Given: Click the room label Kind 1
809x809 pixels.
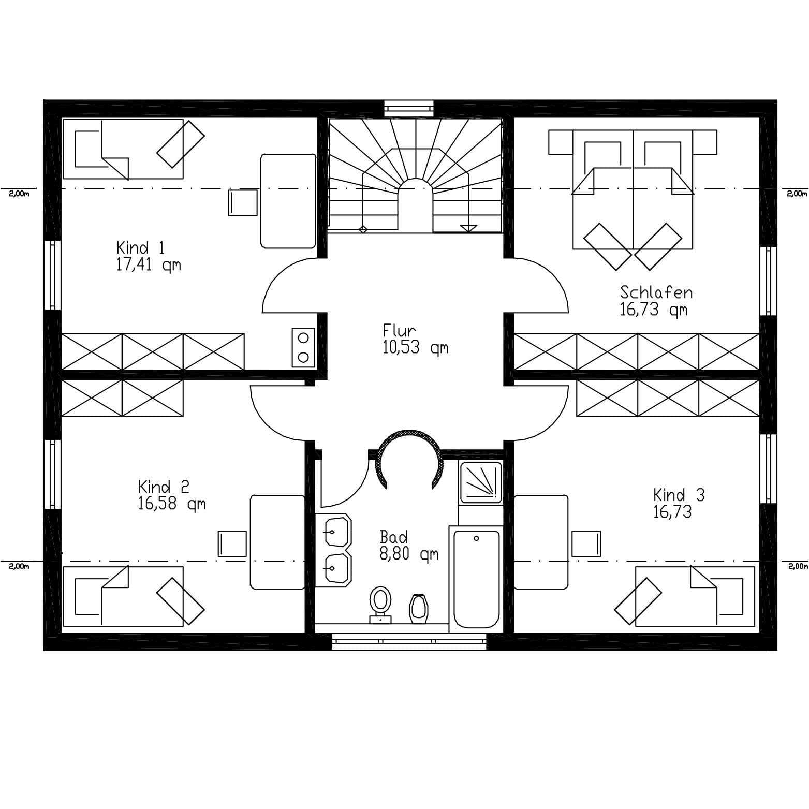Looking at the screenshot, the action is (x=140, y=248).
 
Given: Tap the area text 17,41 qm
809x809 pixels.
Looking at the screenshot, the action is (x=149, y=266).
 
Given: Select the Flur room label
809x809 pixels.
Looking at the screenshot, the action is (x=400, y=331).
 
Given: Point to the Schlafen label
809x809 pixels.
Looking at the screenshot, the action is (x=656, y=292).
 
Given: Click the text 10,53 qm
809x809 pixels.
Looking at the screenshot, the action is (x=416, y=347).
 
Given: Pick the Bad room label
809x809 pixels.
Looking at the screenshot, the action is (x=393, y=537).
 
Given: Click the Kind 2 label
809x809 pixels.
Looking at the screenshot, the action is (x=164, y=487).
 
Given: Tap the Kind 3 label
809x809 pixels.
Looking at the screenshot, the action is (x=679, y=495).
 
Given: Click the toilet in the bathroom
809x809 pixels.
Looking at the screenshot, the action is (x=380, y=605).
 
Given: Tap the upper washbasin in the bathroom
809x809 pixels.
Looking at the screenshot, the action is (x=334, y=531).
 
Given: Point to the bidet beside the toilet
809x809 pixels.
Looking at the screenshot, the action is (x=419, y=609).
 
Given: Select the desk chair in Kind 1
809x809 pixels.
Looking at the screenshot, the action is (x=243, y=202).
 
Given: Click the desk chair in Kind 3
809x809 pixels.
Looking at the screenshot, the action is (x=586, y=543).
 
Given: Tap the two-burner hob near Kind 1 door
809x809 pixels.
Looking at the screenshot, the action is (x=303, y=347).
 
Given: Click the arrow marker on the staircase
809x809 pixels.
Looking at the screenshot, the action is (x=468, y=227).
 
